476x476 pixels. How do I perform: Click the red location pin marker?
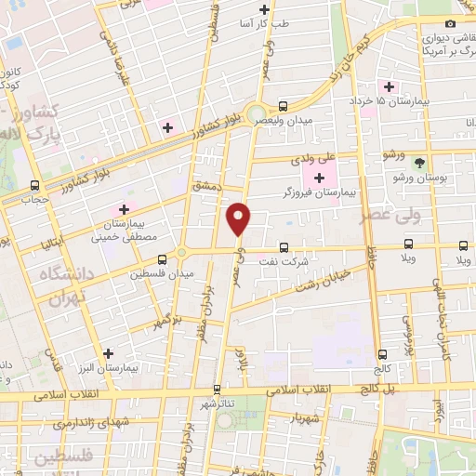(x=240, y=218)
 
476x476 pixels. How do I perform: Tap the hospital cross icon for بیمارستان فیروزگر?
(x=319, y=177)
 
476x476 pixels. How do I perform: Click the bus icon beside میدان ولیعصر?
(x=284, y=106)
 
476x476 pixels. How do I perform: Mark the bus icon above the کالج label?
(x=382, y=354)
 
